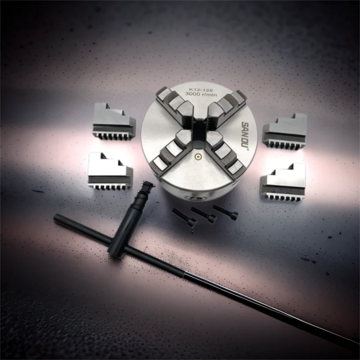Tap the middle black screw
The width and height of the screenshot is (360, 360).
(x=204, y=214)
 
